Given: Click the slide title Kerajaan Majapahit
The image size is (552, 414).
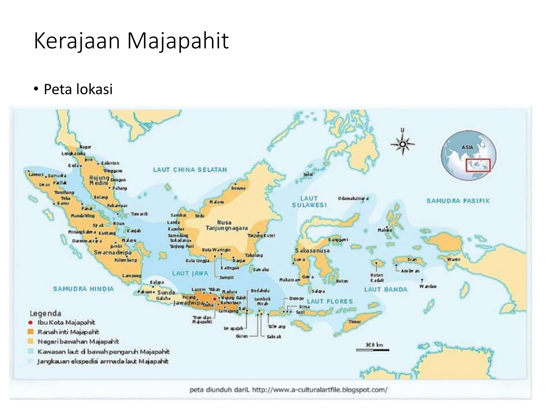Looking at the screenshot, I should tap(131, 41).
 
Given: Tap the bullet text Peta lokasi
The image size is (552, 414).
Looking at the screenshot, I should tap(78, 89).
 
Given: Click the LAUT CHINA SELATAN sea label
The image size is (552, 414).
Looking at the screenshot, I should tap(190, 170).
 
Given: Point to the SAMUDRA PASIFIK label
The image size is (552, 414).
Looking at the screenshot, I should tap(458, 201).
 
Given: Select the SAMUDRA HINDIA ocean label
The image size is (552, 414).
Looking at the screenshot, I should tap(83, 289).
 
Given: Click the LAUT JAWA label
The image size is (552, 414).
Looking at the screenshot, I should tap(190, 273).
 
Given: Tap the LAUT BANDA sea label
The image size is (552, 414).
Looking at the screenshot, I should tap(385, 289).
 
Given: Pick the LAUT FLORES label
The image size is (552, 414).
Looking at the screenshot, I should tap(330, 301).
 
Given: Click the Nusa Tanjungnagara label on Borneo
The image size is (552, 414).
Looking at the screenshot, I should tap(226, 225).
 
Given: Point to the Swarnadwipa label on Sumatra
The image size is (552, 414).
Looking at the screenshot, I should tap(113, 253).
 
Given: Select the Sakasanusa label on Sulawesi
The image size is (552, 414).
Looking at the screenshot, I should tap(312, 251).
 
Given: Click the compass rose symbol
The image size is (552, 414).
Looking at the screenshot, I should tap(403, 144).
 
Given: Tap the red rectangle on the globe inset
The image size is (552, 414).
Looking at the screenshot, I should tap(478, 165).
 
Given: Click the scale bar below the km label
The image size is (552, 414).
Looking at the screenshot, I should tap(373, 350).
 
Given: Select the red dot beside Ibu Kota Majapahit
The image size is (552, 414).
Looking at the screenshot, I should tap(31, 322).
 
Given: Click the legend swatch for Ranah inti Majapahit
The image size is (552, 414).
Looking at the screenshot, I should tap(31, 332).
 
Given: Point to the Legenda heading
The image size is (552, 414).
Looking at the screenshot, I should tap(45, 313).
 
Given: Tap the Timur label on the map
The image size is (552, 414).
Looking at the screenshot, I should tap(354, 322).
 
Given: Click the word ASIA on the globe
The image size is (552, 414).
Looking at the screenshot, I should tap(467, 147).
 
